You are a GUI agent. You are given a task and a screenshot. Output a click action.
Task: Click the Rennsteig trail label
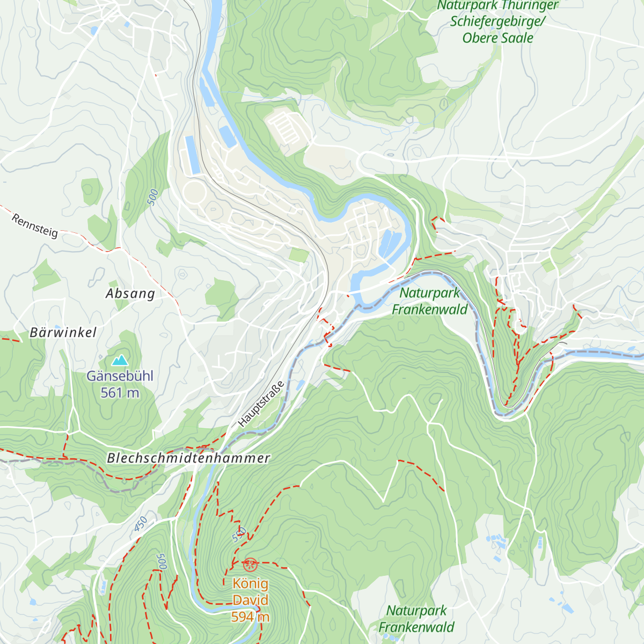[34, 226]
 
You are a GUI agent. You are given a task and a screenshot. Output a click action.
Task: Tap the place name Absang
[130, 294]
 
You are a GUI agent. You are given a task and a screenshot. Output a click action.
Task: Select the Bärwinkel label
[63, 333]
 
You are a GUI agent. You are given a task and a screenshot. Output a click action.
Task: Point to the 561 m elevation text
[120, 393]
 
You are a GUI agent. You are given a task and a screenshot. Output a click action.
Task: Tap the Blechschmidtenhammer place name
[188, 458]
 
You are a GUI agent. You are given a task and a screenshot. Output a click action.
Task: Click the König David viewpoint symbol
[250, 565]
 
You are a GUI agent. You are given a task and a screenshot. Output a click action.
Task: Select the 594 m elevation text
[250, 617]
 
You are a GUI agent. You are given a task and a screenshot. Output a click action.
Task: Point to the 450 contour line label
[141, 524]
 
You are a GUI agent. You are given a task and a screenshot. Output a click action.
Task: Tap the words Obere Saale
[497, 38]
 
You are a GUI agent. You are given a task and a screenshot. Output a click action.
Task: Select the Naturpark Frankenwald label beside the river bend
[430, 301]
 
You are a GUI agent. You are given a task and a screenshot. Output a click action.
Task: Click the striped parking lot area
[288, 127]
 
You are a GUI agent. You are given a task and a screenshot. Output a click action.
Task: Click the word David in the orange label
[250, 601]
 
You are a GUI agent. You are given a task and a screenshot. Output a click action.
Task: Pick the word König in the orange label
[250, 584]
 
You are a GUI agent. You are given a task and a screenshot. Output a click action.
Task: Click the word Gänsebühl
[120, 376]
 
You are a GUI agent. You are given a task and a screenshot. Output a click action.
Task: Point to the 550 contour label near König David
[239, 535]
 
